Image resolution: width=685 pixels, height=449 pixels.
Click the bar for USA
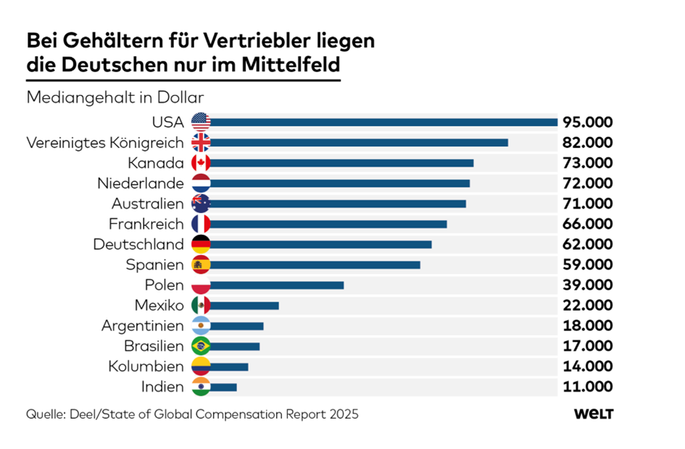click(x=383, y=122)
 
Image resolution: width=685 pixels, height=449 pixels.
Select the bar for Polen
click(x=276, y=285)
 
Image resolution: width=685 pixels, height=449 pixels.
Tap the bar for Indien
click(x=223, y=387)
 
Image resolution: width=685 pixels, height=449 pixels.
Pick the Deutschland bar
click(x=320, y=244)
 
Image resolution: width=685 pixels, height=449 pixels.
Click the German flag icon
click(x=201, y=244)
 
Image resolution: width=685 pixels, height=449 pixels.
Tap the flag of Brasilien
click(x=201, y=346)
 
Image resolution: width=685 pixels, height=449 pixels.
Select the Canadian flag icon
click(x=201, y=163)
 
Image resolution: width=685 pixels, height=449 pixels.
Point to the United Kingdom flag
click(x=201, y=142)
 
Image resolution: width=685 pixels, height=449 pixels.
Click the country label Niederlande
click(x=141, y=183)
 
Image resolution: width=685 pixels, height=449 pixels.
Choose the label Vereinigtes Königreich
click(x=105, y=142)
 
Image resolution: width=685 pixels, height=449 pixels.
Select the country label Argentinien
click(x=142, y=326)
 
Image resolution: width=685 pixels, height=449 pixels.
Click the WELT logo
click(x=594, y=414)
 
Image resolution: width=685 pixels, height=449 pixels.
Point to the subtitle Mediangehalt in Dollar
click(x=115, y=96)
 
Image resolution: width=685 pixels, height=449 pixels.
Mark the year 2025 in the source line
click(x=344, y=415)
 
